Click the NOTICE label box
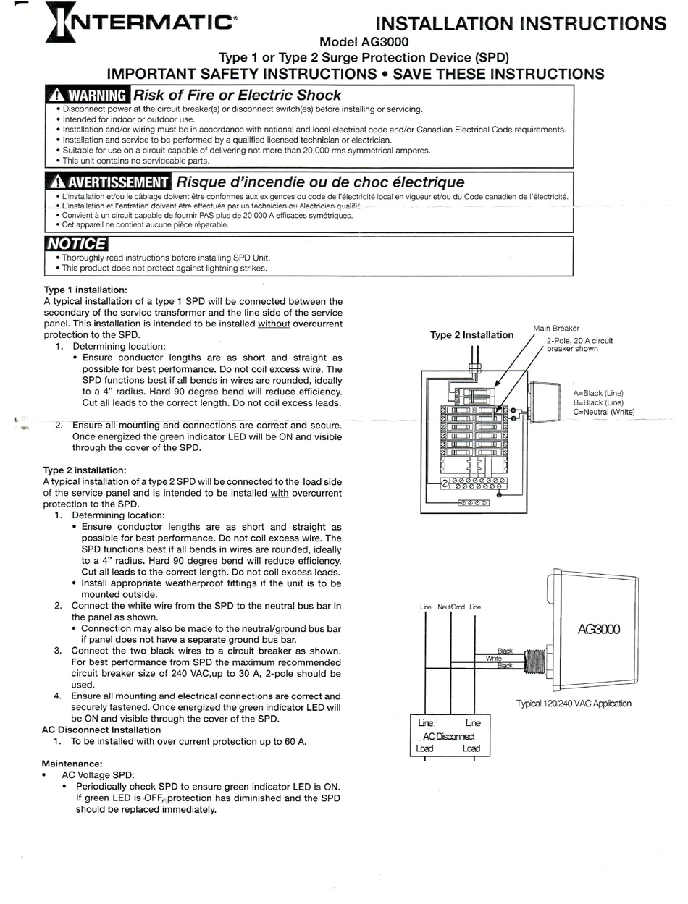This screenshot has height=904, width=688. [x=75, y=245]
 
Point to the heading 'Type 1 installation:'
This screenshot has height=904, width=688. [x=85, y=290]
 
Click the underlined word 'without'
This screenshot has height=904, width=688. [x=274, y=324]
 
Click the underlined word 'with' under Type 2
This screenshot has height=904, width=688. [x=279, y=493]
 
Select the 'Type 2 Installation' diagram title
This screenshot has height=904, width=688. [x=471, y=335]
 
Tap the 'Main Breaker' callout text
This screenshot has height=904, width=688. [x=556, y=328]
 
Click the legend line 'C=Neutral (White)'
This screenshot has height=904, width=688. [x=603, y=412]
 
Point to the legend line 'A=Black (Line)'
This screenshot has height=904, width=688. [x=597, y=393]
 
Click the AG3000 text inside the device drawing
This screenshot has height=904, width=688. [x=598, y=629]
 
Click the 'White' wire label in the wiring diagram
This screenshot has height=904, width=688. [x=493, y=659]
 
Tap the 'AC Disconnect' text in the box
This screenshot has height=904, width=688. [x=449, y=735]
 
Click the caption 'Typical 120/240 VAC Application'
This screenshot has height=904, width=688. [x=574, y=703]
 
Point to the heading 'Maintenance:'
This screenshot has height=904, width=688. [x=72, y=764]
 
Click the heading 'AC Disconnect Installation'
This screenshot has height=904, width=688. [x=101, y=730]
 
